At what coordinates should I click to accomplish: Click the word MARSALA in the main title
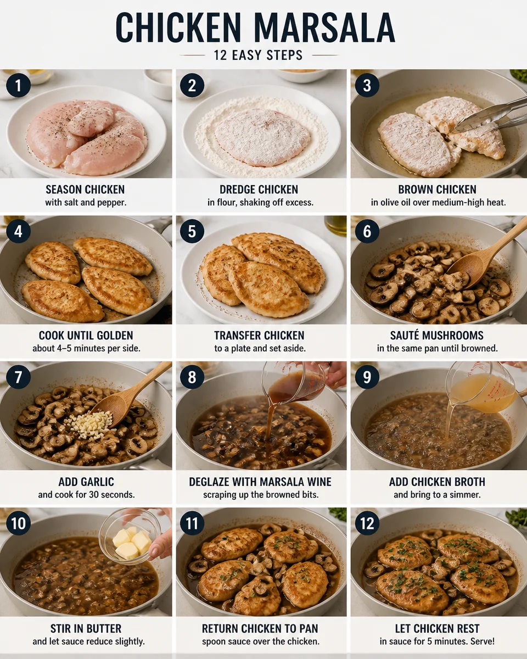[324, 28]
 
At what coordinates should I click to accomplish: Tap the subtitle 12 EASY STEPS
[258, 55]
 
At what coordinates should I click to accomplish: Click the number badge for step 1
[18, 85]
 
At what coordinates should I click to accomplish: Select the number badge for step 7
[18, 377]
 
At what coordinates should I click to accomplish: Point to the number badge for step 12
[367, 523]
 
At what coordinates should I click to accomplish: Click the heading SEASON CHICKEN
[85, 189]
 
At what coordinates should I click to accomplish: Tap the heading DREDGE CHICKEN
[259, 189]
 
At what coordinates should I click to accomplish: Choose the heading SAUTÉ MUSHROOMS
[437, 336]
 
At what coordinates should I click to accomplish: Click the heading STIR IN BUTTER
[86, 629]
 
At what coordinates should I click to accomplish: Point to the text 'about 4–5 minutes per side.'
[86, 349]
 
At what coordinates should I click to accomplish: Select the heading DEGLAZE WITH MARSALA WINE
[260, 482]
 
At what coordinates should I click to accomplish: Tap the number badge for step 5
[192, 231]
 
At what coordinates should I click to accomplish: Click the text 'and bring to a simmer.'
[437, 495]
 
